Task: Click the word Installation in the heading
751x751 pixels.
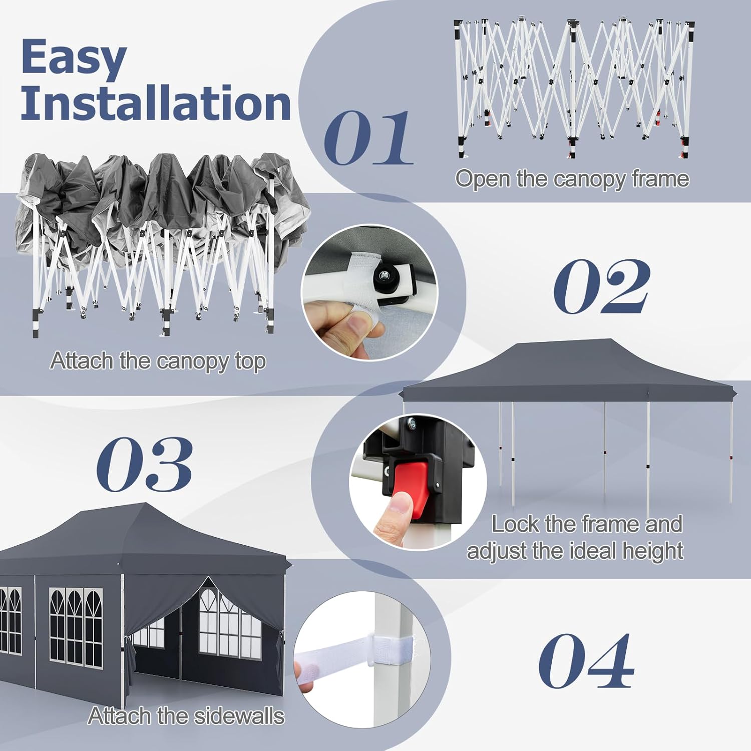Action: tap(156, 102)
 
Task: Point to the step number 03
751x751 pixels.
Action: tap(144, 464)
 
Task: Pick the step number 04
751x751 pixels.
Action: tap(586, 660)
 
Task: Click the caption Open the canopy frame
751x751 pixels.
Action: tap(572, 179)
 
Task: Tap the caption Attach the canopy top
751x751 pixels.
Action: tap(158, 360)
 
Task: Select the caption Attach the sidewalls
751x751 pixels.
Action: tap(186, 716)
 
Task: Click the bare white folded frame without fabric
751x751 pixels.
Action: tap(574, 85)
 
